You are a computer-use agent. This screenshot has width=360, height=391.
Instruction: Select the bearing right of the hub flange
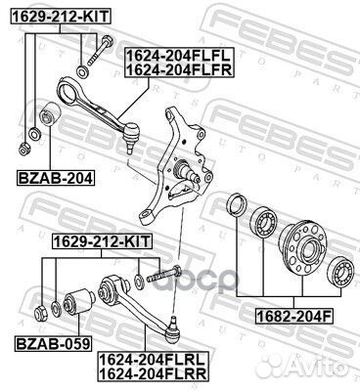(x=343, y=269)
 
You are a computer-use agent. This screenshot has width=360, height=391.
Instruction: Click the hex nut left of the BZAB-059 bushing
(x=42, y=312)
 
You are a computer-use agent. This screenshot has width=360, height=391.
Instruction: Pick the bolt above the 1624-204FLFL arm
(x=95, y=50)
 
